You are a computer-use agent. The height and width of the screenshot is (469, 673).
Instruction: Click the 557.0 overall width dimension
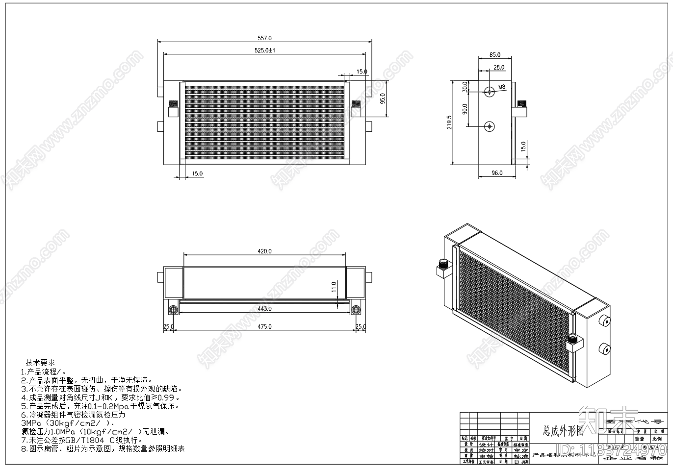(264, 38)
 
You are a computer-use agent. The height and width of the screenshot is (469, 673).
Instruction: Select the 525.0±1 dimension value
(264, 50)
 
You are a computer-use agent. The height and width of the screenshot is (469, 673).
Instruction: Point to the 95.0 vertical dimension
(383, 99)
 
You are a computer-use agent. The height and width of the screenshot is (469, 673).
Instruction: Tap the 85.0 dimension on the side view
(495, 55)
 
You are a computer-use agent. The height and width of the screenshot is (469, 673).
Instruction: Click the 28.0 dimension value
(499, 67)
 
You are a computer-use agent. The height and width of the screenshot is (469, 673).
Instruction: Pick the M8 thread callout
(502, 87)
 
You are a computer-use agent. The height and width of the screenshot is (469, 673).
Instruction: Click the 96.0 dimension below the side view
(497, 173)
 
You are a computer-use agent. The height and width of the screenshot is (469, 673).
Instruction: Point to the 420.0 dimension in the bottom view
(264, 251)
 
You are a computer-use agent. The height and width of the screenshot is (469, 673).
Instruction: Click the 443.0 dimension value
(264, 309)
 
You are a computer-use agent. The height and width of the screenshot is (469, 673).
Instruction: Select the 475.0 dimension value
(264, 326)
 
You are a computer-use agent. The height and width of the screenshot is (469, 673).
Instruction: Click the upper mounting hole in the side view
(490, 91)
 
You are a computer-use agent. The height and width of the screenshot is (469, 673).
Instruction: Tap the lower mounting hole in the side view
(490, 126)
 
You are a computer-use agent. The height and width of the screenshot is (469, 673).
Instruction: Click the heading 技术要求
(40, 363)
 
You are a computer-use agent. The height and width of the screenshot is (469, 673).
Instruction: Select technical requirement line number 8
(103, 448)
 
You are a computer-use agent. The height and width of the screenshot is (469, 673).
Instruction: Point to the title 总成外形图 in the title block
(563, 431)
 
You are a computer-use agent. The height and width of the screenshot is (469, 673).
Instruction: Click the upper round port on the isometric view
(605, 322)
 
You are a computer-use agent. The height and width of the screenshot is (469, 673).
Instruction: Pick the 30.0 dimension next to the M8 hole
(465, 87)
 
